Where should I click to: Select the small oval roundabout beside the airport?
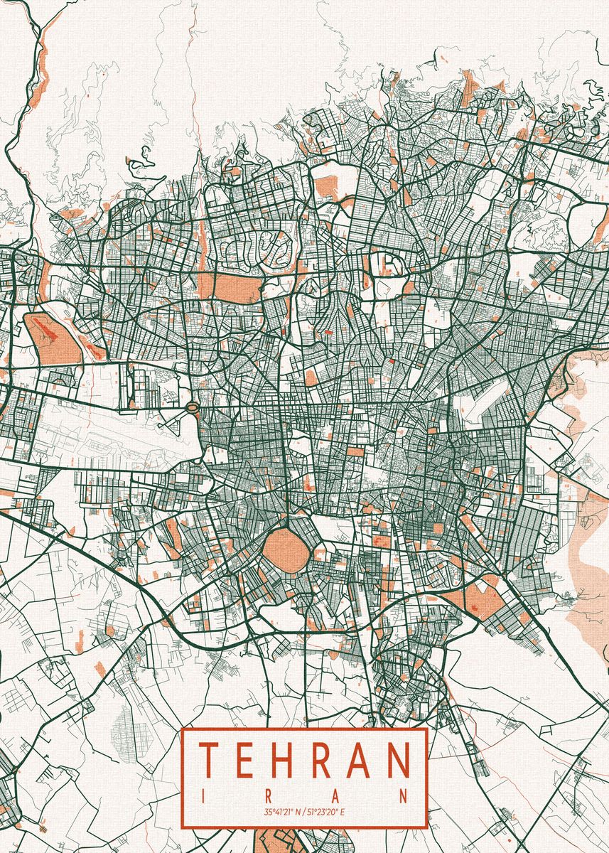point(192,408)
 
